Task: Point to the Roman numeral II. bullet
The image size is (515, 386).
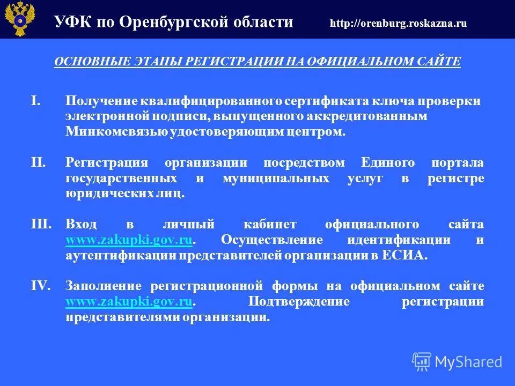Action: click(38, 162)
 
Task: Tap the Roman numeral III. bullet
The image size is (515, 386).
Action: click(41, 224)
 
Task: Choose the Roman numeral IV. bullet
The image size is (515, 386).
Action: click(40, 286)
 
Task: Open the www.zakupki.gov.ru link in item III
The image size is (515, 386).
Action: click(129, 240)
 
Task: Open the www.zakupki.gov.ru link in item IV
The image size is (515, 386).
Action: click(129, 301)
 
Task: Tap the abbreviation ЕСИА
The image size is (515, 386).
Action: click(397, 255)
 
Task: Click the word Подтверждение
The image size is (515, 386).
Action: click(299, 301)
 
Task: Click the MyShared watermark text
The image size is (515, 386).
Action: click(468, 362)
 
